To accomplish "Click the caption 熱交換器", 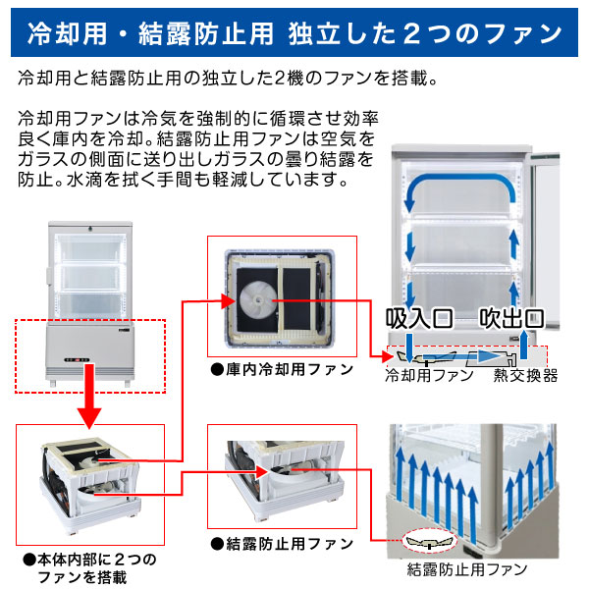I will click(525, 375).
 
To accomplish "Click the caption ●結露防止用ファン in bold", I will click(268, 543).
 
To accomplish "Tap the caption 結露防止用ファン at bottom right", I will click(461, 569).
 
